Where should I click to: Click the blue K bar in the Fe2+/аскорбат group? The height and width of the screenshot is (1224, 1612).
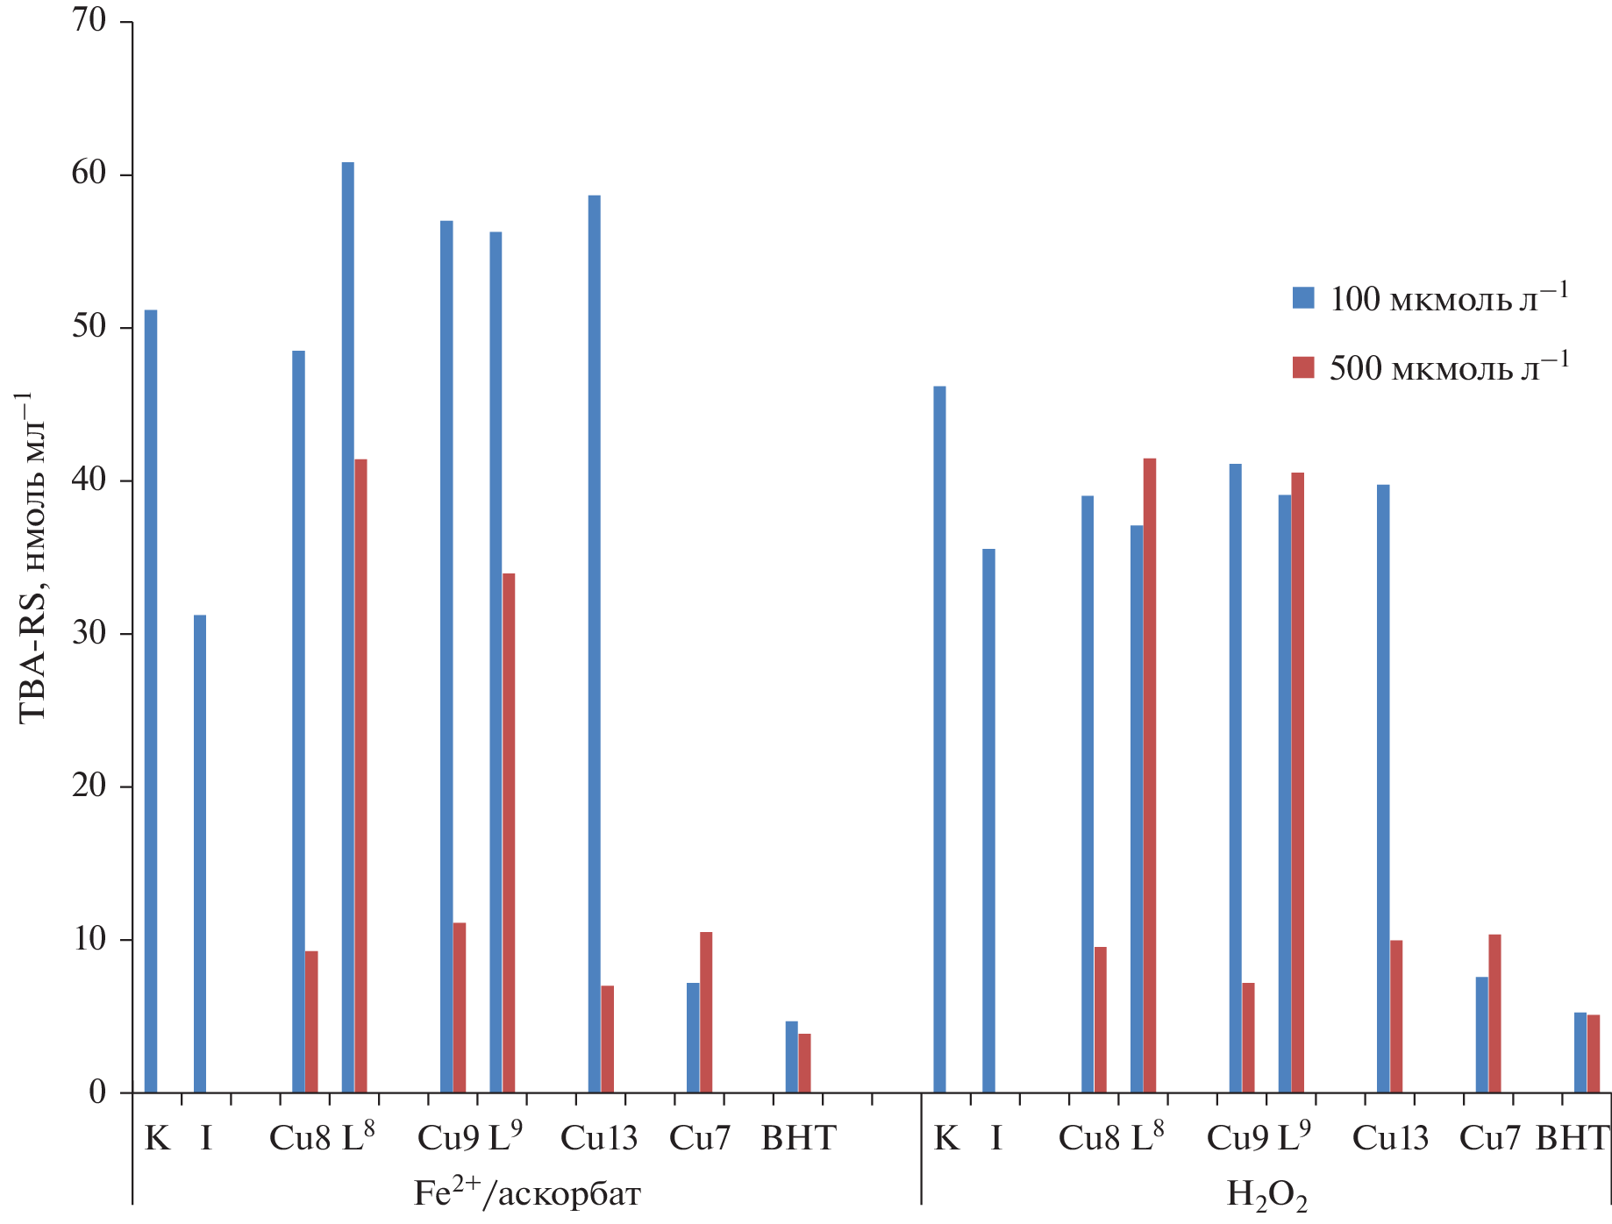point(151,701)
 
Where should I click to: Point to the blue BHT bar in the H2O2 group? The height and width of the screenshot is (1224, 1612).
point(1580,1052)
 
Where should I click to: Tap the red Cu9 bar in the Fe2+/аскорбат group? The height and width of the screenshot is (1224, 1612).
point(460,1007)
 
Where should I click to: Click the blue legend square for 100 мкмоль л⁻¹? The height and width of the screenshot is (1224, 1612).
point(1303,298)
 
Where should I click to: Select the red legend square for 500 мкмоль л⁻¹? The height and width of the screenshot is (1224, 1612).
point(1303,367)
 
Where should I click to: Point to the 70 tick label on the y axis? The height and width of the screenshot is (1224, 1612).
point(89,21)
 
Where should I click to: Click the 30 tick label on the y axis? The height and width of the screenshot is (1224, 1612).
point(89,633)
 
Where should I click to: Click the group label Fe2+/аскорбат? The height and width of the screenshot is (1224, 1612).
point(527,1193)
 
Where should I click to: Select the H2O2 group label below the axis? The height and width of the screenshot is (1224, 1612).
point(1266,1195)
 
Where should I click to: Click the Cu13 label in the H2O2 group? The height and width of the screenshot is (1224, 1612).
point(1390,1138)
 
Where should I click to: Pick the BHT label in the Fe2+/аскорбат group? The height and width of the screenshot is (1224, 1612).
point(798,1138)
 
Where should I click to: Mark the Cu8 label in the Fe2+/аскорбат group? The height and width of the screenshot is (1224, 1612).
point(299,1138)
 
